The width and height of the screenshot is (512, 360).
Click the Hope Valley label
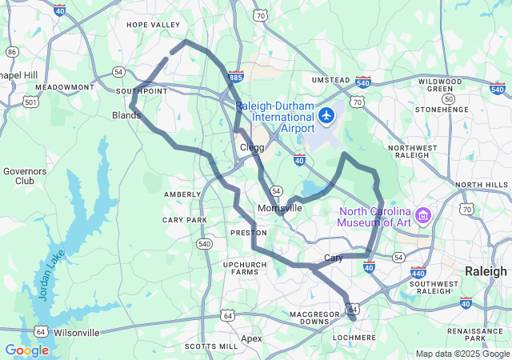154,25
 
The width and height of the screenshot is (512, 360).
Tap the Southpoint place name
142,91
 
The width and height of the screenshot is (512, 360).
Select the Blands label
126,115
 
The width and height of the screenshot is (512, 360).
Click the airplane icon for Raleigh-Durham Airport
326,116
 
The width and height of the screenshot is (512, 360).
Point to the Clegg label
252,147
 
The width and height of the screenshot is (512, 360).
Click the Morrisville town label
280,208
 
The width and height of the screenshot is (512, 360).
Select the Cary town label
334,258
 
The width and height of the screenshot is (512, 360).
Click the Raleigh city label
486,271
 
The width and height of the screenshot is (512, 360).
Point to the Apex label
251,338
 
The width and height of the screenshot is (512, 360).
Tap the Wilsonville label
78,332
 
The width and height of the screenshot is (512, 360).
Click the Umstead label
330,80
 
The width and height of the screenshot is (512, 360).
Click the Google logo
27,350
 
